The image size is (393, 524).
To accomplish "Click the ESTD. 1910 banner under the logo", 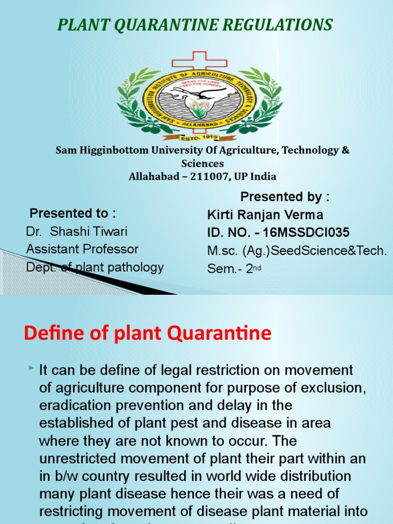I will pyautogui.click(x=199, y=137).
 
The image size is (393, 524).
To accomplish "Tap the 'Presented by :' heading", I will pyautogui.click(x=285, y=197).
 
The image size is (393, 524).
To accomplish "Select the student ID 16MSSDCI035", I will pyautogui.click(x=307, y=233).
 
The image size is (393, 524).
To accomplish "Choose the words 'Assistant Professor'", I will pyautogui.click(x=82, y=249).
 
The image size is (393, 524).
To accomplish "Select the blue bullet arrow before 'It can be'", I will pyautogui.click(x=32, y=368).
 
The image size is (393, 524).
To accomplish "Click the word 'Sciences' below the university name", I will pyautogui.click(x=203, y=164).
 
